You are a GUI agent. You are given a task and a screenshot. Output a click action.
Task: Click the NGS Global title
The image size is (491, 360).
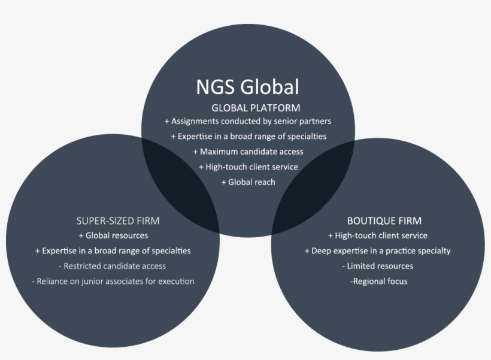coord(248,87)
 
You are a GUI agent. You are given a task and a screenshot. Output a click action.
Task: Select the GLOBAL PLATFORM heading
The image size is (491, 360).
coord(256,108)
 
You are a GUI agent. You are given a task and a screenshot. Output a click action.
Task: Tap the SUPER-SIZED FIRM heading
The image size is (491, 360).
coord(118,221)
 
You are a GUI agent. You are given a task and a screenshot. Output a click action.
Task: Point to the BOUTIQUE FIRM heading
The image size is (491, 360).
coord(384,221)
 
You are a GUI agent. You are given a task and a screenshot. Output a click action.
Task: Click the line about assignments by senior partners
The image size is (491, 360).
coord(248,121)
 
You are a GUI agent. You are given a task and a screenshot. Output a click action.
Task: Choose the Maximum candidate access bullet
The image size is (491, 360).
coord(248,152)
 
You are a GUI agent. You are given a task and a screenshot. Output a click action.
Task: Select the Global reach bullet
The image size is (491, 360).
coord(248,182)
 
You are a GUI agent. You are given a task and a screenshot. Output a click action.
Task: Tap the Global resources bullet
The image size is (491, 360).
coord(113,235)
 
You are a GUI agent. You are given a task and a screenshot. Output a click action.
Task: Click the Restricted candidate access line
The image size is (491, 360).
coord(112,266)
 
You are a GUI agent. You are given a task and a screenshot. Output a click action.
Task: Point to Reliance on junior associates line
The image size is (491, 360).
coord(113,282)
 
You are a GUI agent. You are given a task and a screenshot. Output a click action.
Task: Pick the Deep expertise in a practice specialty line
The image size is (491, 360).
coord(378,251)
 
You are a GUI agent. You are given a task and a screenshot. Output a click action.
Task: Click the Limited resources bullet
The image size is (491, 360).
coord(378,266)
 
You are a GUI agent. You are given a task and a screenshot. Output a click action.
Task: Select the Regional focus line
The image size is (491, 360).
coord(379,282)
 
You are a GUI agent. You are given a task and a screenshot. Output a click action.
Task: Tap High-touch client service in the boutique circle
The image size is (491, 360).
coord(378,235)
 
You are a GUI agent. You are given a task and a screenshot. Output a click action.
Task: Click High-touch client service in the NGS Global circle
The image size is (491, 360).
coord(248,167)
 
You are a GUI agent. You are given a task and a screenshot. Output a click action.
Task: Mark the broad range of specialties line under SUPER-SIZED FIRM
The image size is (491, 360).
coord(113,251)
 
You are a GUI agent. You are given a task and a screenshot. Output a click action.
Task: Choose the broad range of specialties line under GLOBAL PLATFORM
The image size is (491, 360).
coord(248,137)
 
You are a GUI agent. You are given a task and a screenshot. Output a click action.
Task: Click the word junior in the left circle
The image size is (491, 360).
coord(92,282)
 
